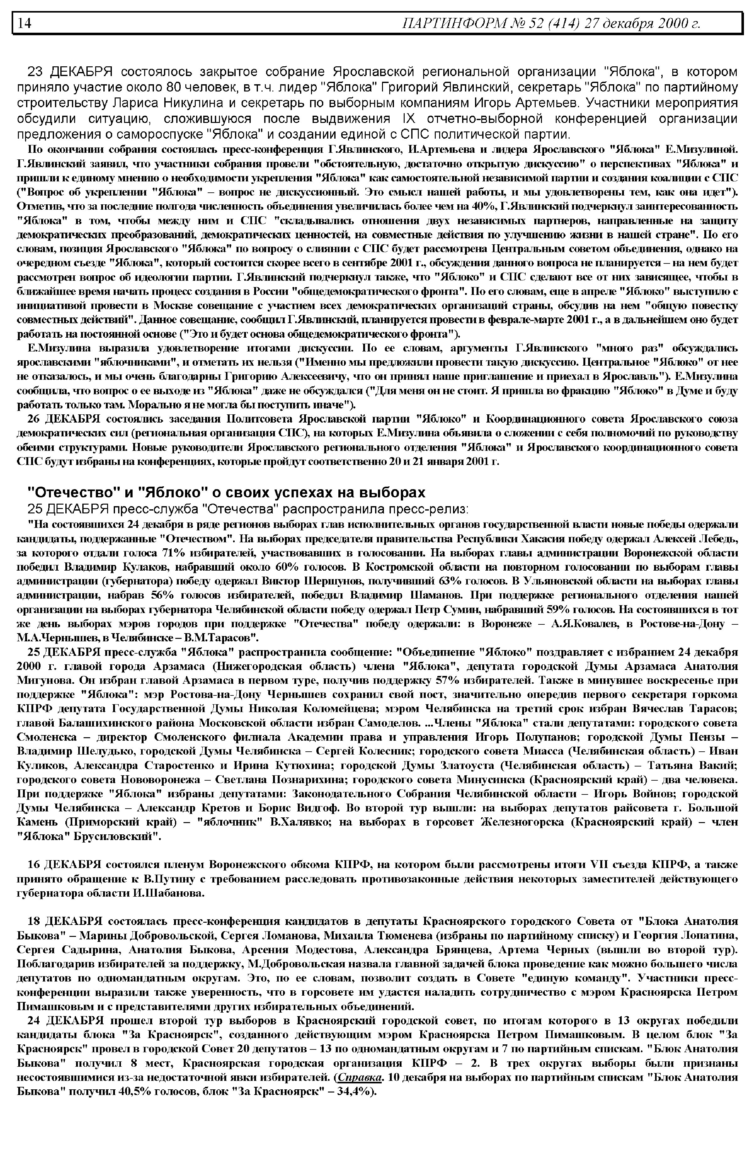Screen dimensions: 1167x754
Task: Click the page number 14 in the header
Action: point(25,24)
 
